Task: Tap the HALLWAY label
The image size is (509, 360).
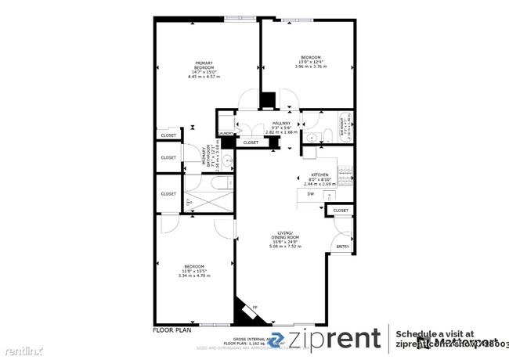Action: pos(281,123)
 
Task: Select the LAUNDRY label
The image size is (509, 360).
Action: pos(226,134)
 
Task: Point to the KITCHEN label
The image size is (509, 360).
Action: pos(319,175)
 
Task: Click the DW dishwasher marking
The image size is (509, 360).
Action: pos(310,193)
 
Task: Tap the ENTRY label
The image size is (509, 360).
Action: pos(342,247)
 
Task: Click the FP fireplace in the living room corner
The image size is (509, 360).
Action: pos(255,307)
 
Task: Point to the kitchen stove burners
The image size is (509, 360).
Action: pos(343,170)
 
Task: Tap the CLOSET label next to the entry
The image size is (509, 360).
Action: pos(341,211)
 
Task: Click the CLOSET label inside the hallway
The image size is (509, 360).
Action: pos(251,142)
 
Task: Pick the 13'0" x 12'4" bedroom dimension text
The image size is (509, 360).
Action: pos(311,62)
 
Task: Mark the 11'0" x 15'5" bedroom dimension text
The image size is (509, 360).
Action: pos(194,270)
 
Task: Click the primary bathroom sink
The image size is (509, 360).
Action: pos(226,161)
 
